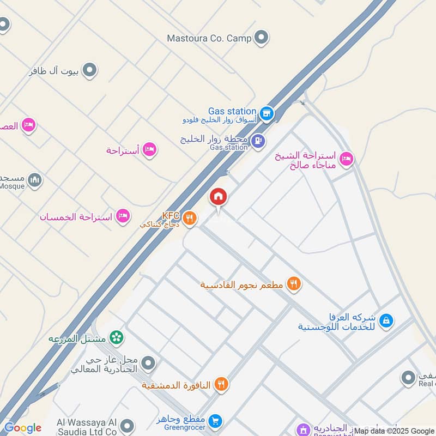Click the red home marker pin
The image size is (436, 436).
pyautogui.click(x=219, y=197)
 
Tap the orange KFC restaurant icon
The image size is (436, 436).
pyautogui.click(x=190, y=219)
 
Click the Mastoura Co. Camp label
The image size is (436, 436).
pyautogui.click(x=209, y=38)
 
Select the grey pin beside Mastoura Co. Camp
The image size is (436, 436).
pyautogui.click(x=262, y=38)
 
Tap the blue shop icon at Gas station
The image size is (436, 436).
pyautogui.click(x=266, y=113)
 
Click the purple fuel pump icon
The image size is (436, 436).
pyautogui.click(x=258, y=141)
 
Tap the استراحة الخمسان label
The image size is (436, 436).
pyautogui.click(x=75, y=217)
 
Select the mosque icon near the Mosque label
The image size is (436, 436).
pyautogui.click(x=35, y=179)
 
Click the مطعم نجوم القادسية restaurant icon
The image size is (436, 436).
pyautogui.click(x=294, y=283)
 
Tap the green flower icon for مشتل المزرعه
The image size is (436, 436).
pyautogui.click(x=116, y=338)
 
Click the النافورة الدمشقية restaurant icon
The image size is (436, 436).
pyautogui.click(x=221, y=385)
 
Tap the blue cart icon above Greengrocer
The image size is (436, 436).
pyautogui.click(x=216, y=421)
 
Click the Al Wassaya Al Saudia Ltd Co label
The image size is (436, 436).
pyautogui.click(x=87, y=427)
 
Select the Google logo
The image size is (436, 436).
pyautogui.click(x=22, y=428)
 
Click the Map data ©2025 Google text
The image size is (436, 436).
pyautogui.click(x=393, y=431)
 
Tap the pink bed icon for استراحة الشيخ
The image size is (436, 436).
pyautogui.click(x=346, y=160)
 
